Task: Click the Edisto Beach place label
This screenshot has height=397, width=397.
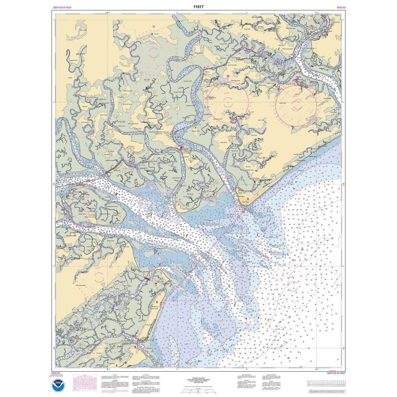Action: coord(244,201)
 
